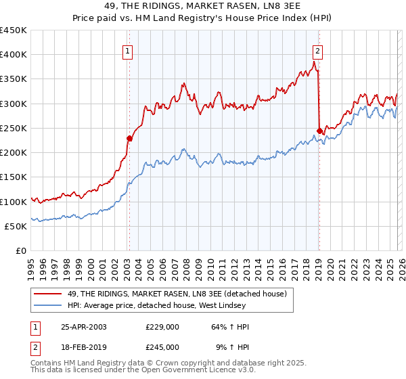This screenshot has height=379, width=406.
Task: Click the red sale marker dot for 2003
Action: pyautogui.click(x=129, y=138)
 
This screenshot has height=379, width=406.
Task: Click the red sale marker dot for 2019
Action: pyautogui.click(x=319, y=131)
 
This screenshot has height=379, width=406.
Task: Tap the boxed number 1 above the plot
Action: pyautogui.click(x=128, y=49)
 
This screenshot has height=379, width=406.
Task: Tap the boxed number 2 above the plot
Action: pyautogui.click(x=317, y=49)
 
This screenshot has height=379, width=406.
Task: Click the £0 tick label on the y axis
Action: pyautogui.click(x=21, y=250)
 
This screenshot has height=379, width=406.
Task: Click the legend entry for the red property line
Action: pyautogui.click(x=177, y=294)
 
